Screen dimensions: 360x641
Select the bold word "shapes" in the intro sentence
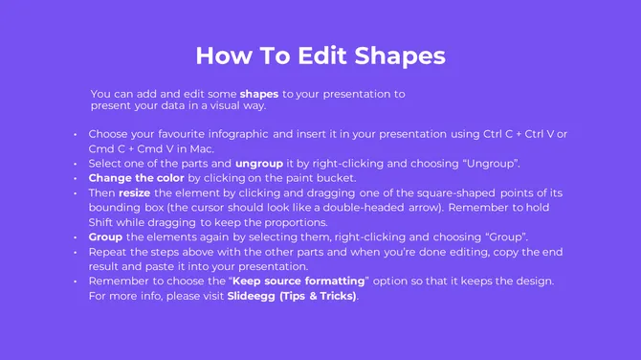[258, 95]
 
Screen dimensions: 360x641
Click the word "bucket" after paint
[336, 178]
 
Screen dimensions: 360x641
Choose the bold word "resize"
[134, 192]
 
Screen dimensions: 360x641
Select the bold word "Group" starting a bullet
[105, 236]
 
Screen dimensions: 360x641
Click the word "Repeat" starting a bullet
[108, 252]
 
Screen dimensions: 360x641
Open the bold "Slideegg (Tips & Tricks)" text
[291, 295]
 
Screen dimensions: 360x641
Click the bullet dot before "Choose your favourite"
[76, 134]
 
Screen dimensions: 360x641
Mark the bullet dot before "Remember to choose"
[76, 281]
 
